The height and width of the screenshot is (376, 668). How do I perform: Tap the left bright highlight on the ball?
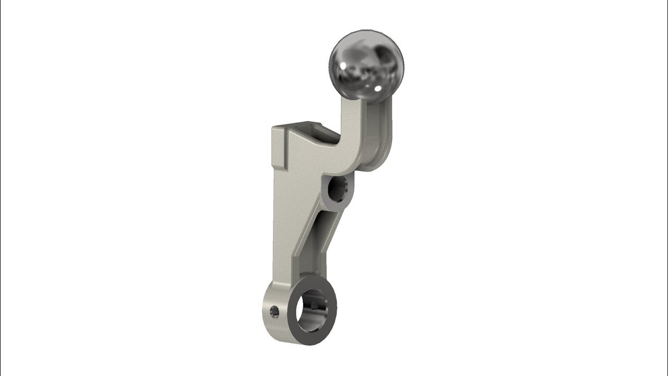345,64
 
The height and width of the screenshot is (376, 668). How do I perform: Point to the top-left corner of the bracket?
272,127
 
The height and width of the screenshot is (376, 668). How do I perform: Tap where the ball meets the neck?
360,98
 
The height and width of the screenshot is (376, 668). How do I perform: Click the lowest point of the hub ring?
310,345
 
